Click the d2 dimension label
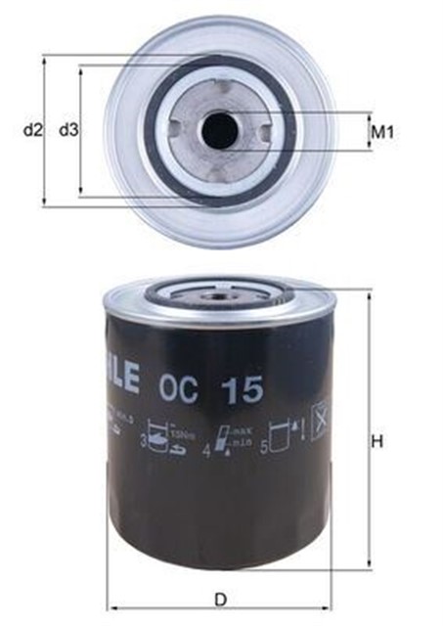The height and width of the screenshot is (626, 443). click(32, 129)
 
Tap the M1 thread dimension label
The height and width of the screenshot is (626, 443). click(381, 132)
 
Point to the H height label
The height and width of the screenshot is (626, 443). click(378, 441)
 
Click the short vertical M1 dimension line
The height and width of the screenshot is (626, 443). click(367, 132)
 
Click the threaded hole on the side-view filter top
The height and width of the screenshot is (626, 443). click(217, 289)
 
